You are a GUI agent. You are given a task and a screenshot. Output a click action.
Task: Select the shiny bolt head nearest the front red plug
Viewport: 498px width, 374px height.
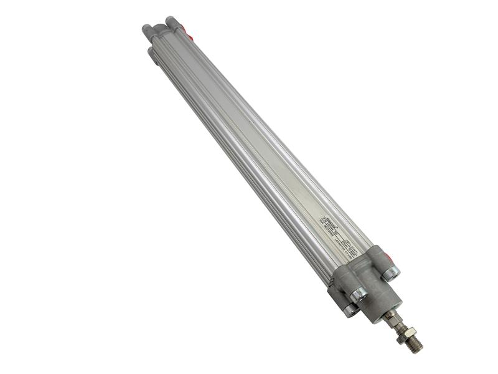392,272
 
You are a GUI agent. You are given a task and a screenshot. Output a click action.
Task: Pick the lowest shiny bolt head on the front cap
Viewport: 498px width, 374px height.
350,309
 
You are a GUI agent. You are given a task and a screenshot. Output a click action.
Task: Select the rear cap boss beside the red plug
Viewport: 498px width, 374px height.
172,23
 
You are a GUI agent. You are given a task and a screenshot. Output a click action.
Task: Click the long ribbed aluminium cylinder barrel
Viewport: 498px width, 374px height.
261,156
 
